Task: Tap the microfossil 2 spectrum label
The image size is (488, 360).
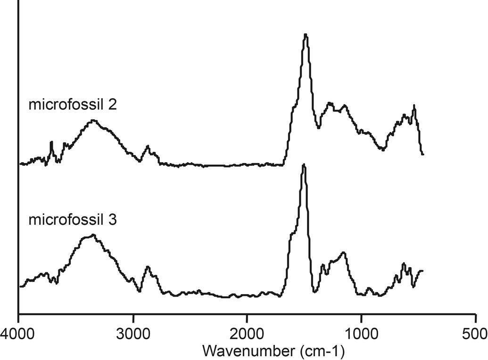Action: [73, 104]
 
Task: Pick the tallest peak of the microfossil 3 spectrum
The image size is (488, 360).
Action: [304, 164]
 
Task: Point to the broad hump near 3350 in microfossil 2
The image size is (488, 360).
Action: [93, 121]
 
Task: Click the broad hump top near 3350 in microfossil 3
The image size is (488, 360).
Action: [93, 235]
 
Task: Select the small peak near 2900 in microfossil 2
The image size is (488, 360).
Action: [148, 147]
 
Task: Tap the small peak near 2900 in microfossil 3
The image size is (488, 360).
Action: [148, 267]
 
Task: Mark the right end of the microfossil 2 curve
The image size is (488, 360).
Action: [423, 154]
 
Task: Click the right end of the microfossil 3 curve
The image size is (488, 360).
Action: [422, 271]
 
